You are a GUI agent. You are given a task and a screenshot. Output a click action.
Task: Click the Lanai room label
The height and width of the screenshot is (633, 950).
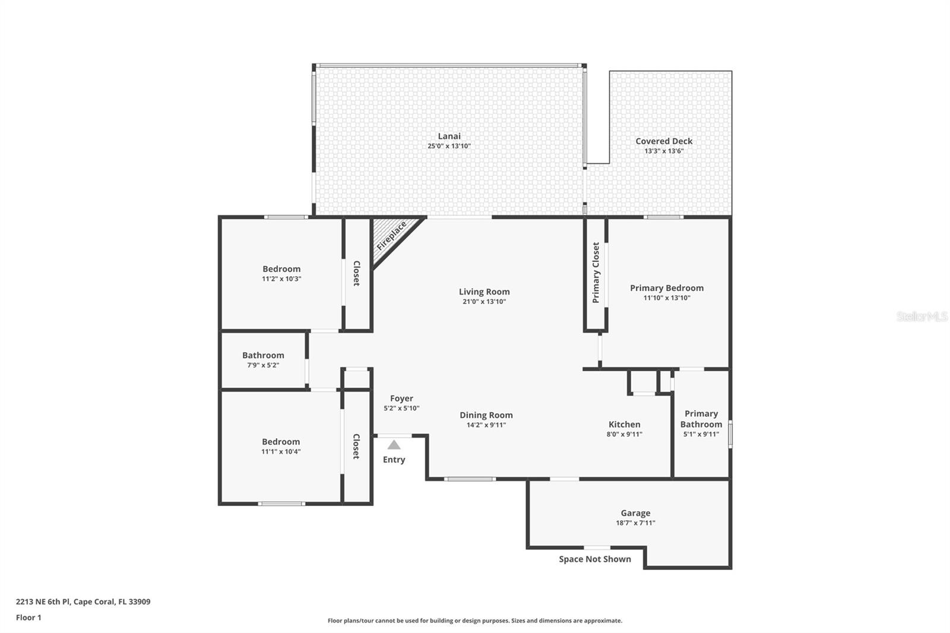pyautogui.click(x=449, y=137)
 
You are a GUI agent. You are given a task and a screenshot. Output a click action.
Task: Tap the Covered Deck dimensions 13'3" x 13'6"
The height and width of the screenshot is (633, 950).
pyautogui.click(x=664, y=151)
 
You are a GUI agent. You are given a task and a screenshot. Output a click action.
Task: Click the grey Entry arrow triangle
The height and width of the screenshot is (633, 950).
pyautogui.click(x=394, y=445)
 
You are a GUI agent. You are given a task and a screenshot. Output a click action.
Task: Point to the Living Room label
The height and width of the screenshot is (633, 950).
pyautogui.click(x=484, y=292)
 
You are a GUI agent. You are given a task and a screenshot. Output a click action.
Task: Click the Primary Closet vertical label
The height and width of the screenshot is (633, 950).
pyautogui.click(x=596, y=273)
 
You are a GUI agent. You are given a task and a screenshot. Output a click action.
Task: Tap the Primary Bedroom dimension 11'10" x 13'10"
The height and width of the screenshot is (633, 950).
pyautogui.click(x=667, y=298)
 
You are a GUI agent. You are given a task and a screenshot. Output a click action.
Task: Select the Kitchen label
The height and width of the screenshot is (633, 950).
pyautogui.click(x=624, y=425)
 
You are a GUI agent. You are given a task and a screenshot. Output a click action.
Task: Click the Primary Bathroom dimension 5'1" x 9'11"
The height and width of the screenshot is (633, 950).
pyautogui.click(x=701, y=434)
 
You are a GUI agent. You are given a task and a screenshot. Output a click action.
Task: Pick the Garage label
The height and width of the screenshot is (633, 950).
pyautogui.click(x=635, y=513)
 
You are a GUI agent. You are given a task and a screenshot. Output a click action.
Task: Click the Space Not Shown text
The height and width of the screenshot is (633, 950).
pyautogui.click(x=594, y=559)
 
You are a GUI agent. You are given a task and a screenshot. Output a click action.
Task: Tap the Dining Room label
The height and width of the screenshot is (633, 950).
pyautogui.click(x=486, y=415)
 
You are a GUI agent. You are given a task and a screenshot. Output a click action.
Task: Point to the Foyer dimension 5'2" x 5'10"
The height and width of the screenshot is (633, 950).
pyautogui.click(x=401, y=408)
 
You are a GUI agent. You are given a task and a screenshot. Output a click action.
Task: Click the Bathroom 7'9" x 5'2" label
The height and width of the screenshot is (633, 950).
pyautogui.click(x=263, y=360)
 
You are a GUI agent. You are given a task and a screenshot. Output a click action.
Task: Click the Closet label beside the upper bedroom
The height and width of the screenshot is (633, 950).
pyautogui.click(x=357, y=273)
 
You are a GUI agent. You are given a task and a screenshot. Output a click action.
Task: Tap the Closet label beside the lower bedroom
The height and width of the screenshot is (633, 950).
pyautogui.click(x=356, y=447)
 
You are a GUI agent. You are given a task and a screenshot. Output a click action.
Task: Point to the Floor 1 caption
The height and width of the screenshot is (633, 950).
pyautogui.click(x=28, y=618)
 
